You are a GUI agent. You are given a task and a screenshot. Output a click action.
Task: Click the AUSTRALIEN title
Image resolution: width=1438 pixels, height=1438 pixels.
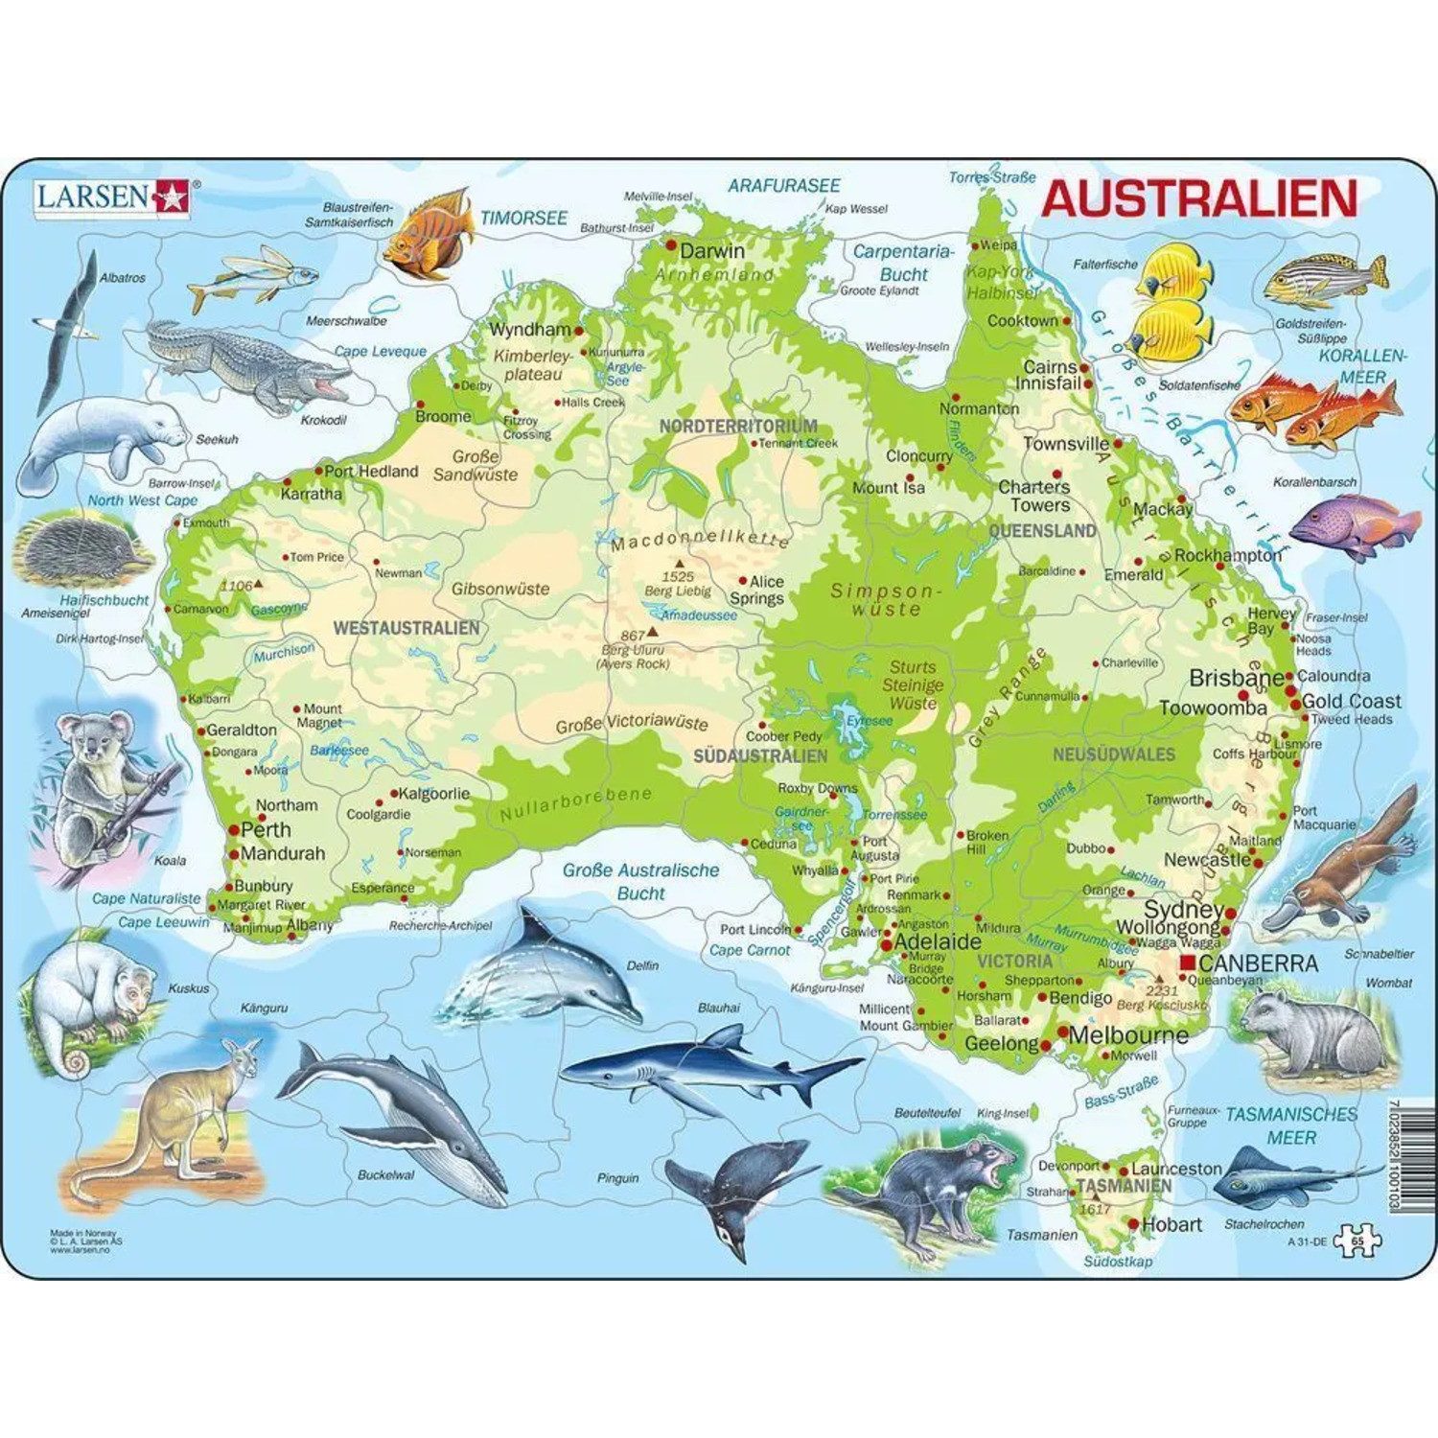point(1198,198)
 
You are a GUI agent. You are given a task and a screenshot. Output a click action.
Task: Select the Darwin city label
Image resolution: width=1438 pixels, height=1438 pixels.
point(711,251)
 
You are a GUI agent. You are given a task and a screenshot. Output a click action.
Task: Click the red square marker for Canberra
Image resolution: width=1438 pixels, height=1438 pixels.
point(1188,962)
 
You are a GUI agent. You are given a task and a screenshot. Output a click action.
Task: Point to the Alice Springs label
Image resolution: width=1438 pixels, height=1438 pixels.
point(765,590)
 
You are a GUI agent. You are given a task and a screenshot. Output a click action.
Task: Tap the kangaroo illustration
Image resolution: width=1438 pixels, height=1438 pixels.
point(192,1112)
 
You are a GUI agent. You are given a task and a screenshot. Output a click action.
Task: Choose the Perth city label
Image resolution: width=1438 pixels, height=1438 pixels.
point(266,830)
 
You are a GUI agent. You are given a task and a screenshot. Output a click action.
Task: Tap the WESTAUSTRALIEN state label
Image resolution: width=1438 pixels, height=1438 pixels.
point(406,628)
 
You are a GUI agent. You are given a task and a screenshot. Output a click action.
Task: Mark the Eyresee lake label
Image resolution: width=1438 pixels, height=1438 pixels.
point(869,720)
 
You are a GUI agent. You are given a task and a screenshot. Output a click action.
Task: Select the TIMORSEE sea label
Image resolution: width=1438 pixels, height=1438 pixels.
point(523,219)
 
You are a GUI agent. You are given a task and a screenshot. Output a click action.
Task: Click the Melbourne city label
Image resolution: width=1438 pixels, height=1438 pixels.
point(1127,1035)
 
